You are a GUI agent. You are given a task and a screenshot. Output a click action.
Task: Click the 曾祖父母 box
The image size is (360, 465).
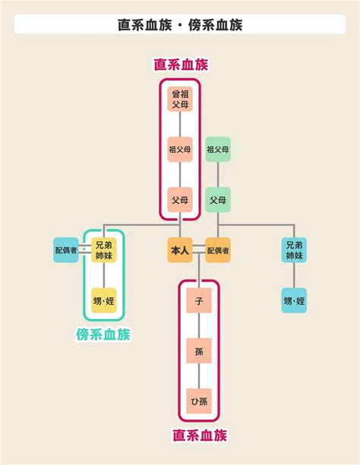pos(180,99)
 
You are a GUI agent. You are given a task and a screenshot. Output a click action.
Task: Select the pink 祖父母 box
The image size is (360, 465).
pos(180,150)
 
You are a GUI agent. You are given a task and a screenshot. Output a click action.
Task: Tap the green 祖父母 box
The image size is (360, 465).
pos(218,150)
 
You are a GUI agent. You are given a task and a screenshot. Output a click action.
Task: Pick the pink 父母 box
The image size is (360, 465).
pos(180,200)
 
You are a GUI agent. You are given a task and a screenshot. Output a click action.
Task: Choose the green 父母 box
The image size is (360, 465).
pos(218,200)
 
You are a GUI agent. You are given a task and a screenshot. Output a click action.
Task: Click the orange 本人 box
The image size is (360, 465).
pos(180,250)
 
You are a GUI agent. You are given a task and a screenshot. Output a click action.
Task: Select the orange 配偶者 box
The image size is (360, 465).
pos(218,250)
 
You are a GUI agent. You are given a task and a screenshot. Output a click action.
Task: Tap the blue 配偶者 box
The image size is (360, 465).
pos(66,250)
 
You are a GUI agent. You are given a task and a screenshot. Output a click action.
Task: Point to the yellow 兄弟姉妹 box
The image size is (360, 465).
pos(104,250)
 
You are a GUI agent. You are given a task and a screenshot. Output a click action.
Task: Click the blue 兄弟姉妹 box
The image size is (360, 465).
pos(294,250)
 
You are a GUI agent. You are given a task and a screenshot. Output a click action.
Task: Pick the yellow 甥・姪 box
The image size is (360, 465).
pos(104,300)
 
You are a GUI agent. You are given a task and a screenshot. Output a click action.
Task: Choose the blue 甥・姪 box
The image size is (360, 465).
pos(294,300)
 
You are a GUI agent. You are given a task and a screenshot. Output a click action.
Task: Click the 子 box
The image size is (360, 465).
pos(199,300)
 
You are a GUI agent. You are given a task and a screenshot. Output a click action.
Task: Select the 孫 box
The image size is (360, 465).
pos(199,351)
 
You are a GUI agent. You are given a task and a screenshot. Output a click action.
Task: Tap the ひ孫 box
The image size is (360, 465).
pos(199,401)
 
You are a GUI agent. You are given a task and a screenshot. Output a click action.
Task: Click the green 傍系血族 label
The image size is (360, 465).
pos(103,334)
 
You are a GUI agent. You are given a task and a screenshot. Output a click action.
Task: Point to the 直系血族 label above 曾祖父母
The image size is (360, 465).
pos(181,65)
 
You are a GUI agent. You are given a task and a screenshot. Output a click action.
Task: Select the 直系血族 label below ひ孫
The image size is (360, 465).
pos(200,435)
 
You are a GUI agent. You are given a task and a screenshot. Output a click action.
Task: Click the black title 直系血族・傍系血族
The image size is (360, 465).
pos(180,24)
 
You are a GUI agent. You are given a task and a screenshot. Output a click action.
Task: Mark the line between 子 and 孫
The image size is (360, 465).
pos(199,326)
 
